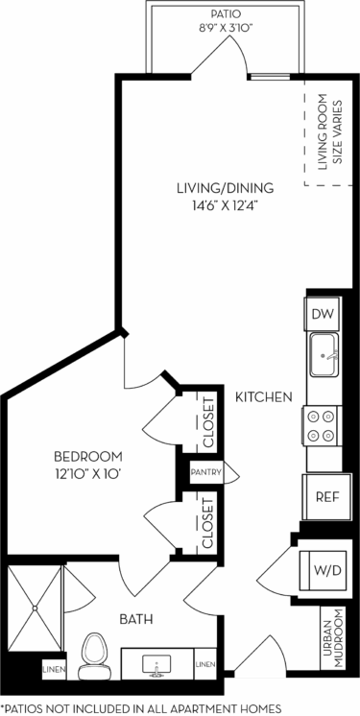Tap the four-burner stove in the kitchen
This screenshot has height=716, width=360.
point(324,424)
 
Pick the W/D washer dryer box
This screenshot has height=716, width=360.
point(326,569)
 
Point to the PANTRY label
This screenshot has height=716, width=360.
point(206,472)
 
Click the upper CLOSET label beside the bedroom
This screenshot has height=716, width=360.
point(207,421)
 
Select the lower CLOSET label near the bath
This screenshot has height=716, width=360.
point(207,523)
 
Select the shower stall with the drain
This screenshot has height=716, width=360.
point(34,606)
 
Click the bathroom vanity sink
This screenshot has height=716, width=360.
point(156,663)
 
